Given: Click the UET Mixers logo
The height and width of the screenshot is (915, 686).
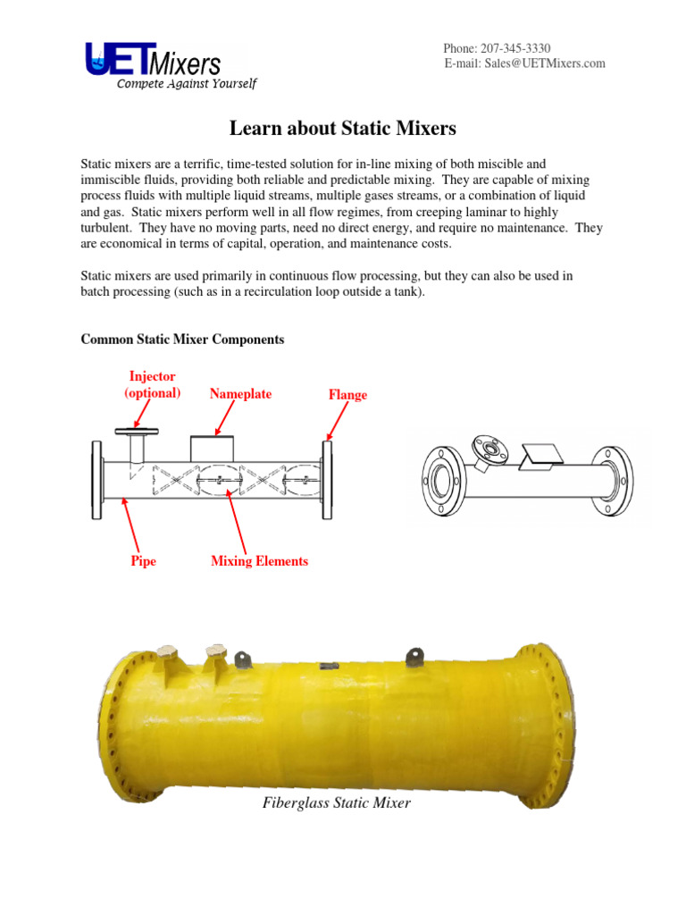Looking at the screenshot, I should coord(152,61).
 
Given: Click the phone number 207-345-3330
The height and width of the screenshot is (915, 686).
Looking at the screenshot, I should coord(525,47).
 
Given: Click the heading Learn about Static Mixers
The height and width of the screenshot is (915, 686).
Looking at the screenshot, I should coord(343,129).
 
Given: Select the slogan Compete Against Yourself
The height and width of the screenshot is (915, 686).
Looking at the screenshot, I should coord(186,84).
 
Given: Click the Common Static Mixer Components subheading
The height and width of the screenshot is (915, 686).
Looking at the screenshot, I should coord(182,340).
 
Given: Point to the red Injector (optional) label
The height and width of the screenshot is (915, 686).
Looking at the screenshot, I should coord(153,385).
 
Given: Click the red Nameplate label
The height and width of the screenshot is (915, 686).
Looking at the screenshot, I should coord(241,394).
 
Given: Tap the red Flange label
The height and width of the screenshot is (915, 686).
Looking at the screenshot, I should coord(347,395).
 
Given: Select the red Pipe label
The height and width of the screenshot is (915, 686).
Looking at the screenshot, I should coord(143,561).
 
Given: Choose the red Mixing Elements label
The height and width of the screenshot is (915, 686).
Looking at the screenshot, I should coord(259,561).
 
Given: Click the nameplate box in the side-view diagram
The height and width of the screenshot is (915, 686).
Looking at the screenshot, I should coord(213,449).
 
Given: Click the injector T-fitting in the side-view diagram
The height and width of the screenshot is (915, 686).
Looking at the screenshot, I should coord(137,442).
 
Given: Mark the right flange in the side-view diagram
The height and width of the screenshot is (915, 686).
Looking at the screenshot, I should coord(327,480).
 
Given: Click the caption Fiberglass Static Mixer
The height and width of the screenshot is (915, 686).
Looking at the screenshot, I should coord(337,803).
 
